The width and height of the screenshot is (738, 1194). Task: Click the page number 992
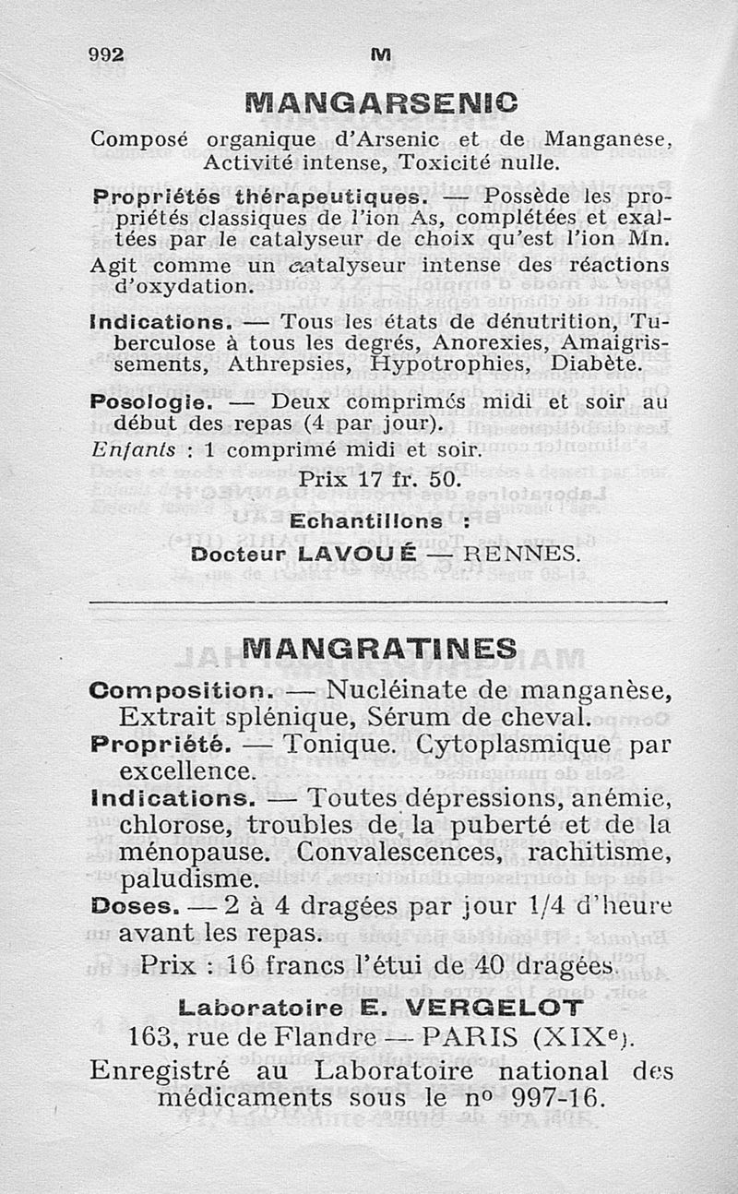(x=106, y=54)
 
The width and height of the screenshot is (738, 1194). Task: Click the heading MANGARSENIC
(x=376, y=99)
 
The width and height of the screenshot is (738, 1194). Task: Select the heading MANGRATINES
(x=379, y=648)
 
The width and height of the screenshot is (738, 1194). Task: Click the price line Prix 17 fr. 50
(x=378, y=481)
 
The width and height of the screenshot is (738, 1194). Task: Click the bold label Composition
(x=180, y=689)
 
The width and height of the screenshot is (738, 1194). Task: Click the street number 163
(x=150, y=1036)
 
